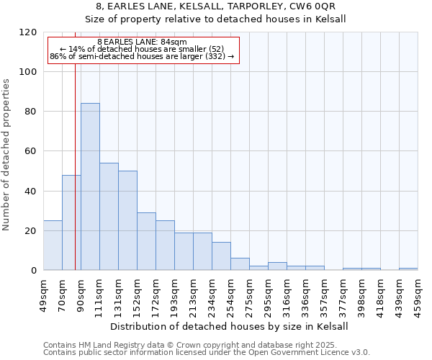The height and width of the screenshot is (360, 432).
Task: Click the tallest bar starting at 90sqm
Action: click(x=90, y=187)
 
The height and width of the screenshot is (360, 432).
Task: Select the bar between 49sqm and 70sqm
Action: click(x=53, y=246)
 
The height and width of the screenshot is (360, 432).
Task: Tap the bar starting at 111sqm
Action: click(x=109, y=217)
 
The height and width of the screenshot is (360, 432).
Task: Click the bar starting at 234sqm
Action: click(x=221, y=256)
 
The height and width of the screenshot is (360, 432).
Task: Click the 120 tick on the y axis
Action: click(x=28, y=32)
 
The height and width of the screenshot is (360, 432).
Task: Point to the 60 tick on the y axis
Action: click(x=31, y=151)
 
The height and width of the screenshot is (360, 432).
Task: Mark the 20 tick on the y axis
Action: click(x=31, y=231)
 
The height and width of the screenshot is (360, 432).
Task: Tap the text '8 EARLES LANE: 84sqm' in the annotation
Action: click(x=142, y=42)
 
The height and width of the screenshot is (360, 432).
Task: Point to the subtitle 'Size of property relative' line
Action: click(x=215, y=19)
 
